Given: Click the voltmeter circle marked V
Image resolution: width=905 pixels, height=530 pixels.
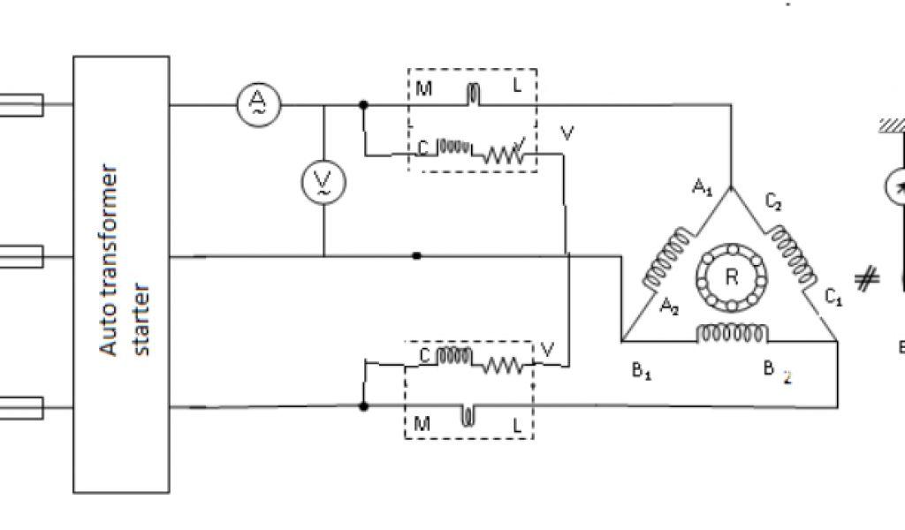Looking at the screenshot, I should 324,182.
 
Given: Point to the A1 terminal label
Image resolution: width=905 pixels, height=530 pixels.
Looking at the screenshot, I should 703,187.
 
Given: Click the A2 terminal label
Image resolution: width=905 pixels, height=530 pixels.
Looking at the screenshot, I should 669,306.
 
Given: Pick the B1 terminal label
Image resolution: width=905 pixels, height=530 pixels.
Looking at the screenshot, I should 643,372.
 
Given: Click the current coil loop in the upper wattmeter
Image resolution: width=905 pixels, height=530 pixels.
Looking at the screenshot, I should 474,94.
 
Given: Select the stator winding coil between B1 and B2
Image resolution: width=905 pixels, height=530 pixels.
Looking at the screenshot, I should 732,333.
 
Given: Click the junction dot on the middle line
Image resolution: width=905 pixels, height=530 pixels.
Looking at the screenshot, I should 417,256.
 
